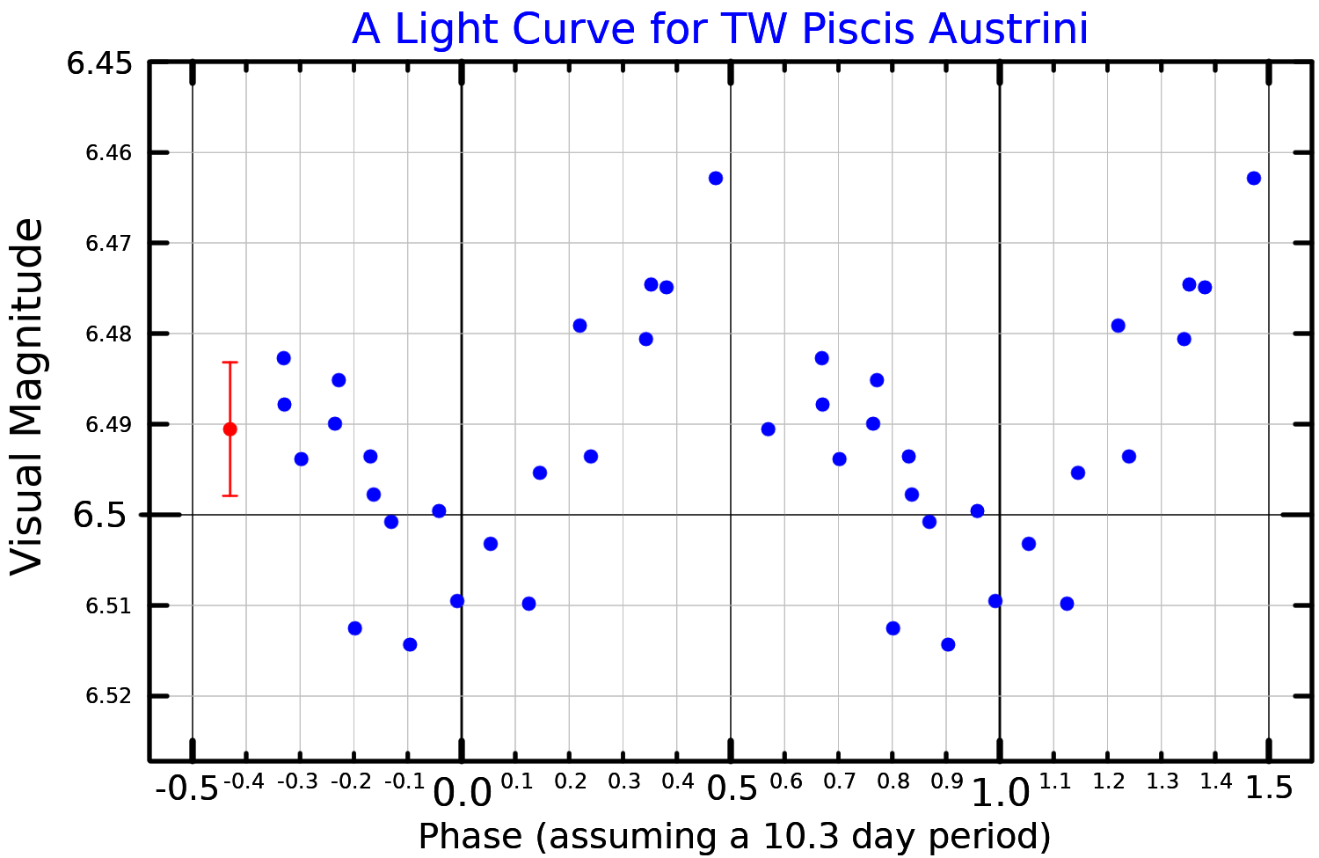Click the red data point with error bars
(230, 429)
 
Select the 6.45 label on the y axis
(99, 63)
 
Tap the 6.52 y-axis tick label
(107, 696)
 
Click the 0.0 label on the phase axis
(462, 793)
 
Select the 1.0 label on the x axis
(1000, 793)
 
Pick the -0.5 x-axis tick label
(186, 788)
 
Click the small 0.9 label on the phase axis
(946, 781)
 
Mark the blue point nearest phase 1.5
(1254, 178)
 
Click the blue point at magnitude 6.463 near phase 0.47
(716, 178)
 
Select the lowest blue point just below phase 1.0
(948, 644)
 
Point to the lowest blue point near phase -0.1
(410, 644)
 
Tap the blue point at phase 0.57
(768, 429)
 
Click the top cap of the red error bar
(230, 362)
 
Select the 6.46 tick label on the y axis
(107, 153)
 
